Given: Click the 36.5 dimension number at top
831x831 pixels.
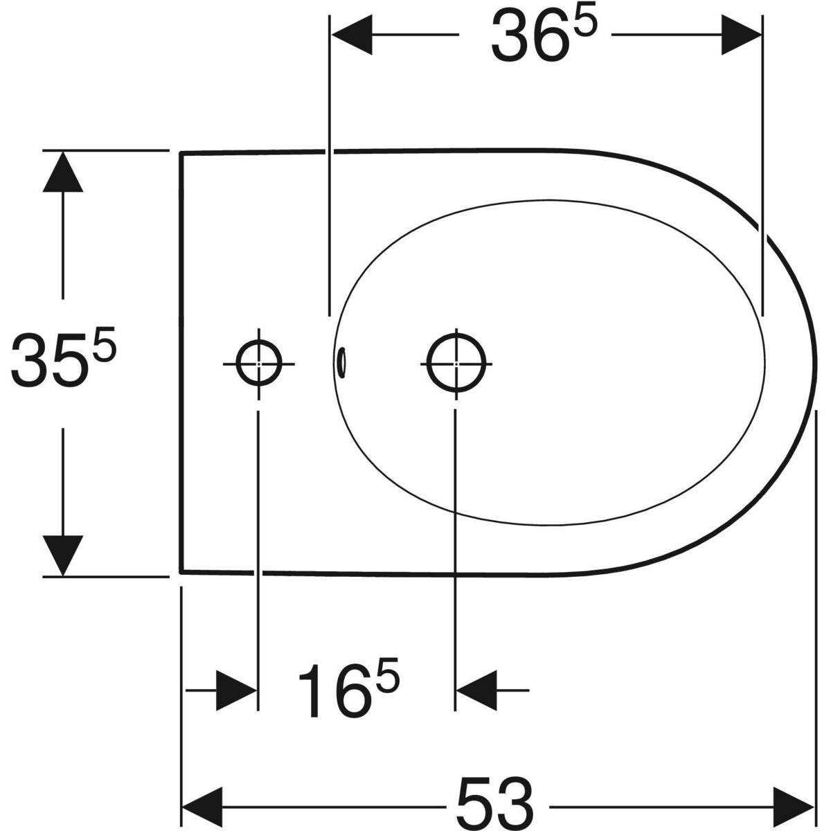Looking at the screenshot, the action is pos(545,35).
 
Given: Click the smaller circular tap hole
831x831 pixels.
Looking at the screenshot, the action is pos(259,364).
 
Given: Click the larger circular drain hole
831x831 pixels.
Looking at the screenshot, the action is pos(456,363).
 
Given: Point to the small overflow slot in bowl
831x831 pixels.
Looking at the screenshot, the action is pos(342,363).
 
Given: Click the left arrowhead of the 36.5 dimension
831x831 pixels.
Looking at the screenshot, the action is pos(351,35).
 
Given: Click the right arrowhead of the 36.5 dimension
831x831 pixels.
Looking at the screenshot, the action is pos(742,35).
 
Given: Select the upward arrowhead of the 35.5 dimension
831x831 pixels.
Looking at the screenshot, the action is pos(63,172).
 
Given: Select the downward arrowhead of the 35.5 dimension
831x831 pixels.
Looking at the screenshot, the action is pos(63,556).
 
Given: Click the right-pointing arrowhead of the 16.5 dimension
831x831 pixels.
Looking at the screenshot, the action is pos(237,690).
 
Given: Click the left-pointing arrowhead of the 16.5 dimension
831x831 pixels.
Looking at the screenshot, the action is pos(476,690).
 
